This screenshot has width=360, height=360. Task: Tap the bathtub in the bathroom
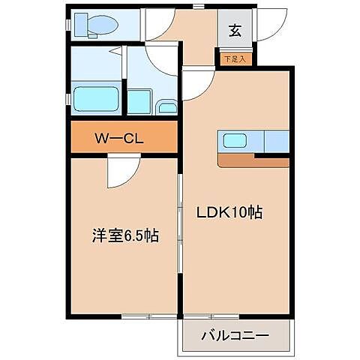click(96, 98)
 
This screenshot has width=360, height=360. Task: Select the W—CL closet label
click(124, 138)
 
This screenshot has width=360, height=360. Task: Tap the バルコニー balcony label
click(234, 335)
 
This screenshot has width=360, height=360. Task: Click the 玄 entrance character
click(235, 31)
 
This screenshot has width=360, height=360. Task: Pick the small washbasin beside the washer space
click(168, 107)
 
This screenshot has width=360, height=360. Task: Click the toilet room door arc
click(160, 27)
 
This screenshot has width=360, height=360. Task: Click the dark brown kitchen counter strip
click(253, 161)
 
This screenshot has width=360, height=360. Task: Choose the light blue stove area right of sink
click(276, 141)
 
